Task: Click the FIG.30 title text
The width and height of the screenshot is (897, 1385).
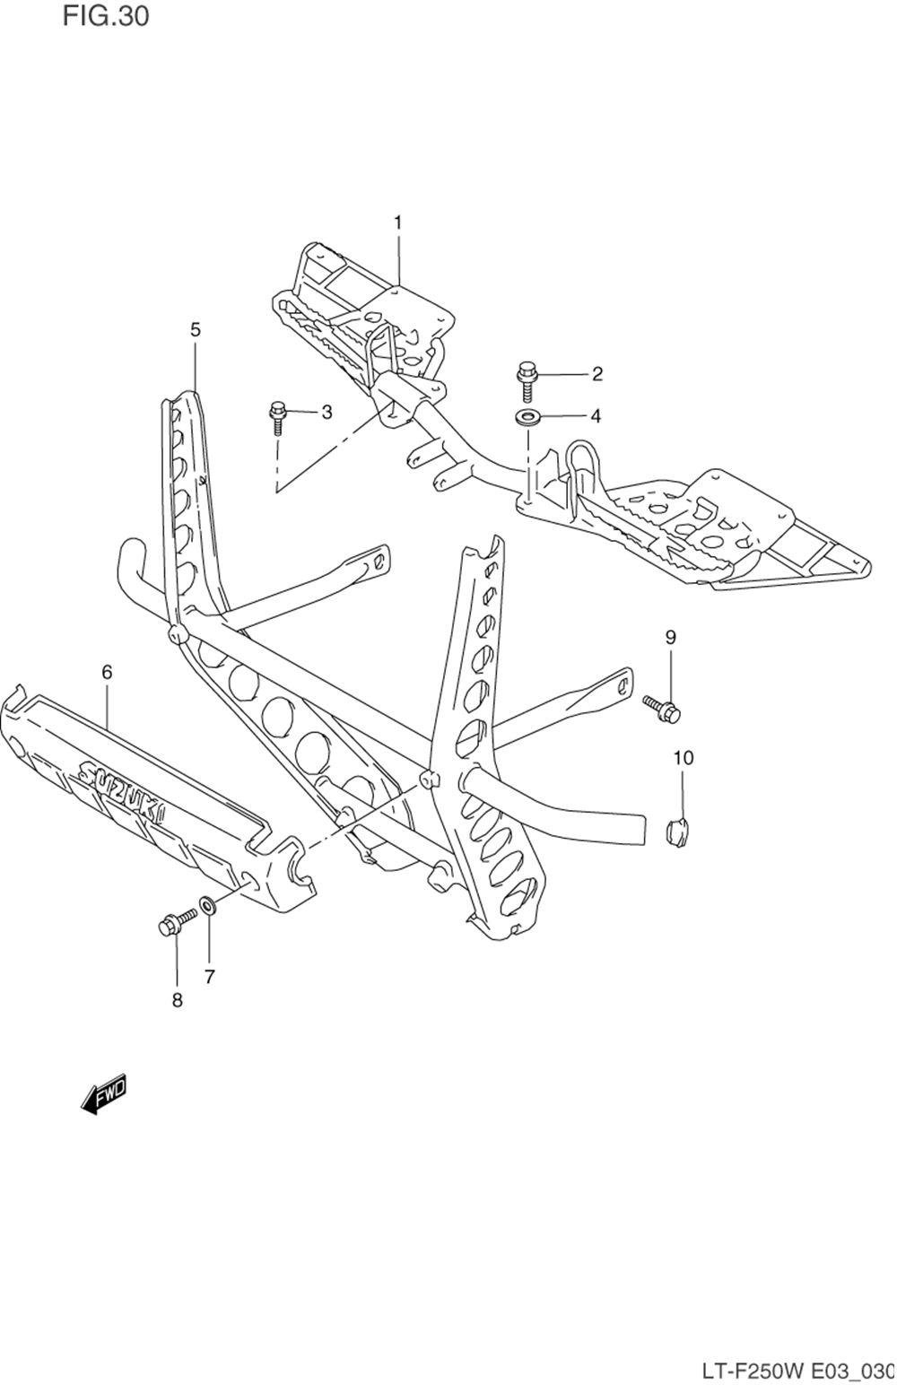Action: click(106, 17)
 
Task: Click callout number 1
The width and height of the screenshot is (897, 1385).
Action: click(398, 222)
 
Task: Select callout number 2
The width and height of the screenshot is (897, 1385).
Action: click(597, 374)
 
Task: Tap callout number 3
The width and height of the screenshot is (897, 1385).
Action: click(327, 412)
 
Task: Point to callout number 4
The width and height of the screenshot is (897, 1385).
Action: click(596, 416)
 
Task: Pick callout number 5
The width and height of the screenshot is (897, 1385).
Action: click(196, 329)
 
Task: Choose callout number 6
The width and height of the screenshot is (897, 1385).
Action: click(107, 672)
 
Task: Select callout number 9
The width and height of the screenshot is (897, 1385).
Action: click(671, 638)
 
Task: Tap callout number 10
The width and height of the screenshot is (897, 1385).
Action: click(684, 758)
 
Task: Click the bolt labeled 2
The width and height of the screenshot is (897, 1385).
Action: click(527, 381)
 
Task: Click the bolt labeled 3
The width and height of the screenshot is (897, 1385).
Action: click(277, 419)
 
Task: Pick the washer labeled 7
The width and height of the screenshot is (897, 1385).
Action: click(206, 907)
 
